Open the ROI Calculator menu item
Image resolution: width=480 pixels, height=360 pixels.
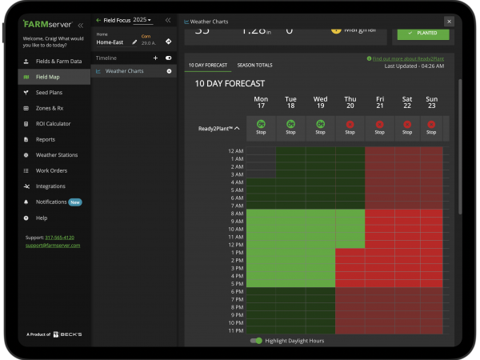(53, 124)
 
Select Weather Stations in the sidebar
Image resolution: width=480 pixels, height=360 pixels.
(56, 155)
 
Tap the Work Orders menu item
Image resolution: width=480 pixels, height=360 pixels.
(51, 170)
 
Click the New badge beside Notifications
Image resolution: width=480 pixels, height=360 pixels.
(74, 202)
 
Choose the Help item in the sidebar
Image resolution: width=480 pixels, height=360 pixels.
(42, 218)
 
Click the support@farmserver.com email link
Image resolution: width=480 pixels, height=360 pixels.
(53, 245)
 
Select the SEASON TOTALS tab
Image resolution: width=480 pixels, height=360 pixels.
(254, 65)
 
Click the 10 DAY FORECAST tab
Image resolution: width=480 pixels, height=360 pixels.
(207, 65)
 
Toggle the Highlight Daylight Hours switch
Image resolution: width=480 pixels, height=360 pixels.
(256, 341)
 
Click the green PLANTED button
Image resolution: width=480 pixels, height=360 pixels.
(422, 34)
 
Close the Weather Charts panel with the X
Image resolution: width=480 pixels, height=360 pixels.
(448, 22)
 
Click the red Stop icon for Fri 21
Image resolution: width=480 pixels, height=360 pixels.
(378, 124)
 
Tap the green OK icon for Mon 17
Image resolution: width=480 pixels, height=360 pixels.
(261, 124)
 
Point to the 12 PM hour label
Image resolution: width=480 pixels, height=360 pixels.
(235, 244)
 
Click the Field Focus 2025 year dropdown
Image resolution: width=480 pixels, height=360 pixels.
(142, 19)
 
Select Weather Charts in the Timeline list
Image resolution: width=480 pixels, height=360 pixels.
(124, 71)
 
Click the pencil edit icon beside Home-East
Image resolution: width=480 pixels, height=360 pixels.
(134, 42)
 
